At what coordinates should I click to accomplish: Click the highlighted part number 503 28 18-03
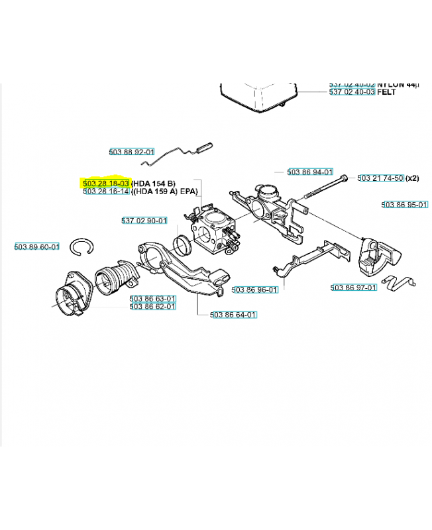tap(106, 183)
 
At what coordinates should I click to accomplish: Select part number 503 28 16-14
tap(106, 191)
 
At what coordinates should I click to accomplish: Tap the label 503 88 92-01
tap(132, 152)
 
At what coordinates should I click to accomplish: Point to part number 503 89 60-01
tap(37, 247)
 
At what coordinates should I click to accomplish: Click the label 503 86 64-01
tap(233, 315)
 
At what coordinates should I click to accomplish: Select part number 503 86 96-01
tap(254, 290)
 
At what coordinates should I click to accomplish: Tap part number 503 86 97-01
tap(354, 288)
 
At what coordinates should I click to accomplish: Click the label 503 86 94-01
tap(310, 172)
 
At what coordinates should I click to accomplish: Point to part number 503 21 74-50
tap(380, 178)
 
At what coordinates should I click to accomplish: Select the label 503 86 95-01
tap(404, 205)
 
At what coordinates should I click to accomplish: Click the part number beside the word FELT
tap(352, 93)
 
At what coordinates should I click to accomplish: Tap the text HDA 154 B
tap(154, 183)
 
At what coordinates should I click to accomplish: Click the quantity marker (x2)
tap(413, 178)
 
